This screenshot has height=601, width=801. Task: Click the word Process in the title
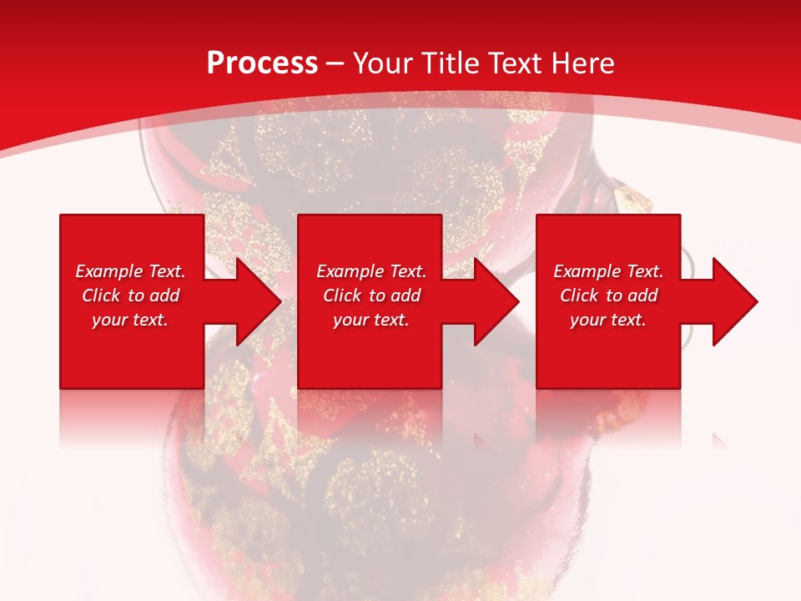pos(262,63)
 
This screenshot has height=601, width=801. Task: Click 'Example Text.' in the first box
pos(130,271)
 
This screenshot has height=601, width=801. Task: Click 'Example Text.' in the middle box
pos(371,271)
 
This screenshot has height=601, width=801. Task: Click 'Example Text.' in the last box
pos(608,271)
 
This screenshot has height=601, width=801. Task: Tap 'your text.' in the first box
pos(130,320)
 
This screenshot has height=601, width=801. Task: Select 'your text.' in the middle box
pos(371,320)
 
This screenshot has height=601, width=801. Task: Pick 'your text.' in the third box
pos(608,320)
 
